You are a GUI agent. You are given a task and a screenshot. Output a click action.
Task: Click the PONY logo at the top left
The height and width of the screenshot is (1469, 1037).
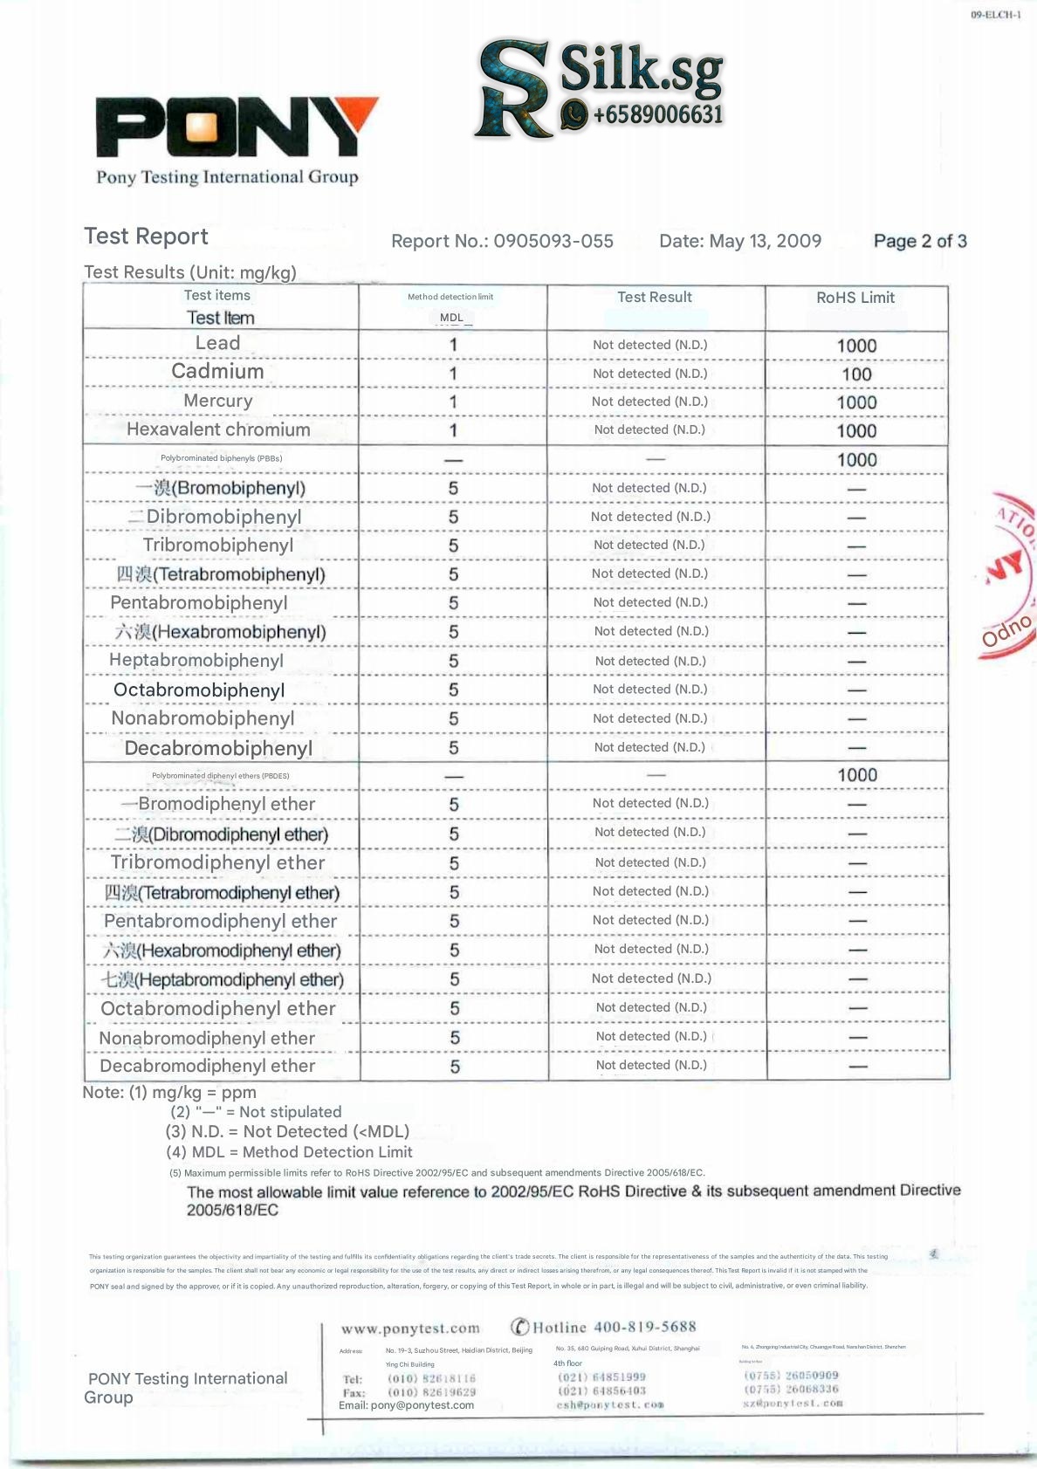pyautogui.click(x=236, y=128)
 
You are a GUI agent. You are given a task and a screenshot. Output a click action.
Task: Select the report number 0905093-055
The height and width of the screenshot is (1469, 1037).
pyautogui.click(x=553, y=241)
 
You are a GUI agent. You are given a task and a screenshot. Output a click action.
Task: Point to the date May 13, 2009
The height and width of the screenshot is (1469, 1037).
pyautogui.click(x=765, y=241)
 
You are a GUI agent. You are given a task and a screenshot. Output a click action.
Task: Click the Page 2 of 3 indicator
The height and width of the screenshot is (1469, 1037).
pyautogui.click(x=920, y=241)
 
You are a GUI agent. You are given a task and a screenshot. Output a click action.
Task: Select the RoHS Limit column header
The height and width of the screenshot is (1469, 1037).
pyautogui.click(x=855, y=298)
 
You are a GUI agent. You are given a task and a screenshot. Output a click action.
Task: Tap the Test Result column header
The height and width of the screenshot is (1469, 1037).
pyautogui.click(x=655, y=297)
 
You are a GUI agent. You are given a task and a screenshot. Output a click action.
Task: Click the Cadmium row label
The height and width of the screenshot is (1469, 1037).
pyautogui.click(x=217, y=372)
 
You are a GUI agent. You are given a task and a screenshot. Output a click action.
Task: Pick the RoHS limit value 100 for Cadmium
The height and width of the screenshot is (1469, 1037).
pyautogui.click(x=856, y=374)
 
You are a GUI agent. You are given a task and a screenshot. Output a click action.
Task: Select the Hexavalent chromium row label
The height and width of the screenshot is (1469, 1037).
pyautogui.click(x=218, y=429)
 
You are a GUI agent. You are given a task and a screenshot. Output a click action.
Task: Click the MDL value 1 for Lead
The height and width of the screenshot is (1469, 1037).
pyautogui.click(x=453, y=345)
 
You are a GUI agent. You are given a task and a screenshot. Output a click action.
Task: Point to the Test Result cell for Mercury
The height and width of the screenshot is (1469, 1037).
pyautogui.click(x=649, y=402)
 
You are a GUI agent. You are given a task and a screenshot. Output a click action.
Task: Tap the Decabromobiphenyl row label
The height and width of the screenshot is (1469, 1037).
pyautogui.click(x=218, y=748)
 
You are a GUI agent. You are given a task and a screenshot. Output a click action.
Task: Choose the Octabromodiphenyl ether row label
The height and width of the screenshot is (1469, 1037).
pyautogui.click(x=218, y=1009)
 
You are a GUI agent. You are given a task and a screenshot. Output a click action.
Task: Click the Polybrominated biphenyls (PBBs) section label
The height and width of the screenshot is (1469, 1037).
pyautogui.click(x=221, y=458)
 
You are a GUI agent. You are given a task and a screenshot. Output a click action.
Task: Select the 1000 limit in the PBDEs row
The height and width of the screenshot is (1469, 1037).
pyautogui.click(x=857, y=775)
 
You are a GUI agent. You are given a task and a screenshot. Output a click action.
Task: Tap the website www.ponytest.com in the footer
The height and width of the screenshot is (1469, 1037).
pyautogui.click(x=410, y=1328)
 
